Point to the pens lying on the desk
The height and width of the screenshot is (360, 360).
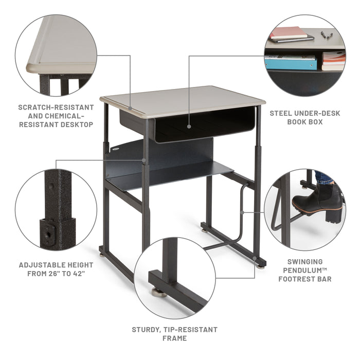pos(326,35)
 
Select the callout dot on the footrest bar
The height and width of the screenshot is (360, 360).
pos(241,211)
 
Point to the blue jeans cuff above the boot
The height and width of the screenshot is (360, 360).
pos(324,177)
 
